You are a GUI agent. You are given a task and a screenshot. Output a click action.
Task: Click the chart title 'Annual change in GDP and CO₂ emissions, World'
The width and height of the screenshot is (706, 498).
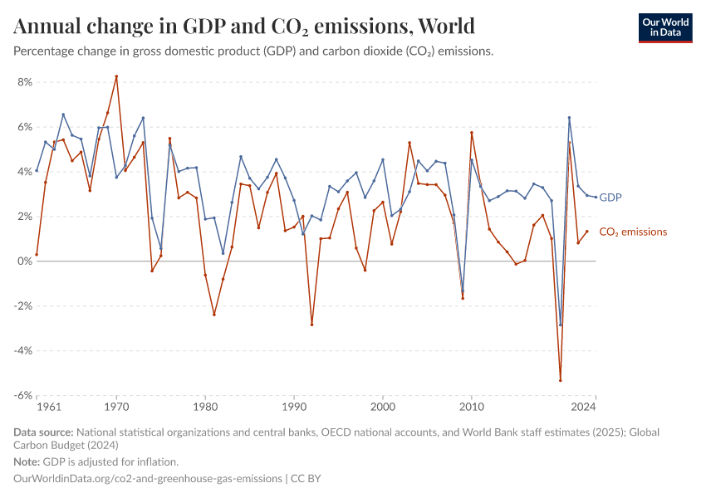click(244, 26)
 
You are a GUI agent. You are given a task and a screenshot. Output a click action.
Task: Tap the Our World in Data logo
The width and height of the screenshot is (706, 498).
click(664, 27)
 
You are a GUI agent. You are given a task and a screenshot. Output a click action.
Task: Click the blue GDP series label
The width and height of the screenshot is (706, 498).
click(610, 198)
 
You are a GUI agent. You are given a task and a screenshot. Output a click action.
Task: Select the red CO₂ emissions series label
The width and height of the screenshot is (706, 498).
click(632, 232)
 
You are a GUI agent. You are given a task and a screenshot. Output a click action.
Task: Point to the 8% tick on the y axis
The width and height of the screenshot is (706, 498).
click(23, 82)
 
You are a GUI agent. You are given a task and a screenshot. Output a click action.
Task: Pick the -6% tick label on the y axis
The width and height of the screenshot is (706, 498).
click(22, 395)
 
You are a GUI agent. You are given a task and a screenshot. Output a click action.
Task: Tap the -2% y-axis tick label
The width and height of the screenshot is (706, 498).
click(22, 306)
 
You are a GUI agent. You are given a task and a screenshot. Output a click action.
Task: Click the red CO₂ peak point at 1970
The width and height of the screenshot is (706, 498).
click(116, 76)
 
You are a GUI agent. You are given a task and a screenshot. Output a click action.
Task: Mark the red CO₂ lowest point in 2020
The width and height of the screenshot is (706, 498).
click(561, 380)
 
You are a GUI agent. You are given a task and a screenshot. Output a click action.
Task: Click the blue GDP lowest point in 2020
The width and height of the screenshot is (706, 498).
click(561, 325)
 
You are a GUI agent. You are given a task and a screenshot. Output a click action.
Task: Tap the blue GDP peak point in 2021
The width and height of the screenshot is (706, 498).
click(569, 118)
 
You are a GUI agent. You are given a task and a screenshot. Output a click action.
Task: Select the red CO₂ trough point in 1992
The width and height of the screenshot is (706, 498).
click(311, 325)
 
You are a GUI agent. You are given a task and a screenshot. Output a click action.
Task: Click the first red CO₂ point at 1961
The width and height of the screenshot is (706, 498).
click(37, 254)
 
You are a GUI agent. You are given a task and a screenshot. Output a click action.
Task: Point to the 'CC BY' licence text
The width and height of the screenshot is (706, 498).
click(306, 479)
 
